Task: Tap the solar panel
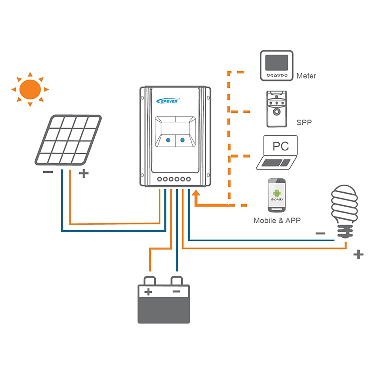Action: point(68,140)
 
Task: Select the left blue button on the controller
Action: point(167,140)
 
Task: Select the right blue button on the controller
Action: point(183,140)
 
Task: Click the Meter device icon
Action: point(277,66)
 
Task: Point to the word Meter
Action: point(306,76)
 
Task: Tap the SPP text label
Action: point(304,123)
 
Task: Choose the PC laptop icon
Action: point(277,153)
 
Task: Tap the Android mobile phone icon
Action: point(277,195)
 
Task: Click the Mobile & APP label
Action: point(277,221)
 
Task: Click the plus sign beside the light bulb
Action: point(359,255)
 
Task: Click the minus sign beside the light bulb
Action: point(320,233)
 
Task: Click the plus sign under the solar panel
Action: point(84,174)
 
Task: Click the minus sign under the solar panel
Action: point(48,172)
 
